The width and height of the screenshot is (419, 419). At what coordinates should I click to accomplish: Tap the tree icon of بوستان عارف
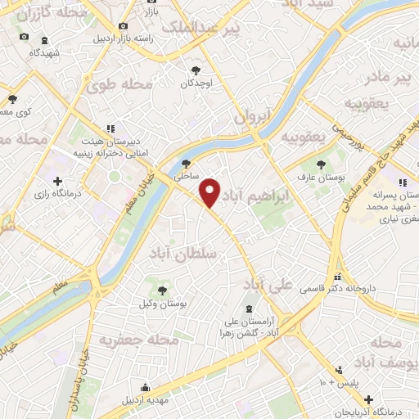(331, 163)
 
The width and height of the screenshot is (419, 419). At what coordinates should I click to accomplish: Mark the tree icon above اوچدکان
(196, 71)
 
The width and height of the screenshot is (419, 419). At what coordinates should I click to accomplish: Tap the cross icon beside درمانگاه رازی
(56, 181)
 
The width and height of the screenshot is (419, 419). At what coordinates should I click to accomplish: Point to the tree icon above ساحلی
(187, 163)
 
